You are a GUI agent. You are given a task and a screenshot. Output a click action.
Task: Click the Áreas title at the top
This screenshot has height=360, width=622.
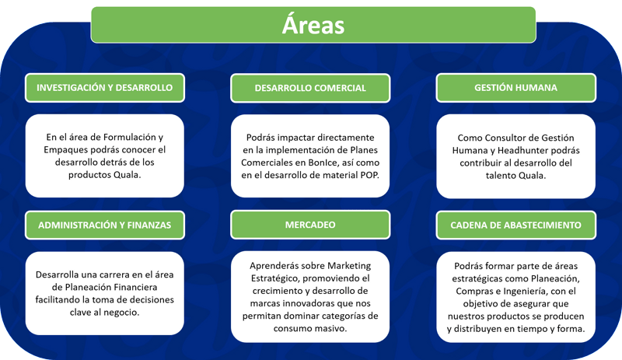(313, 25)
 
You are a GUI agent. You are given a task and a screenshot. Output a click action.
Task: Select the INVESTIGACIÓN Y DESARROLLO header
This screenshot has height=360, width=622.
(105, 88)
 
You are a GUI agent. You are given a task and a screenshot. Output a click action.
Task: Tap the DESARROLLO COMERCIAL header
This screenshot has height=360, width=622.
(310, 88)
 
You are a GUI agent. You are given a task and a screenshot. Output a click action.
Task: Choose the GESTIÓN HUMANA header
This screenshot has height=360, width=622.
(515, 88)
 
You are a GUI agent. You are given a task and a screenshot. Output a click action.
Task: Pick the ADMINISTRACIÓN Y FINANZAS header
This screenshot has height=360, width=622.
(105, 225)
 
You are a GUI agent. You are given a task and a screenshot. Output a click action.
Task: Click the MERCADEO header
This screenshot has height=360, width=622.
(310, 225)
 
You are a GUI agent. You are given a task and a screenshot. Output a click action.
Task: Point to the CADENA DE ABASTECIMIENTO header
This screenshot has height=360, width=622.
(515, 225)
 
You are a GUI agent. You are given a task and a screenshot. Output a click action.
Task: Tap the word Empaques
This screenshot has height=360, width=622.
(65, 150)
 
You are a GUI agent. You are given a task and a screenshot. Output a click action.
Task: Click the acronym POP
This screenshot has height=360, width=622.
(370, 175)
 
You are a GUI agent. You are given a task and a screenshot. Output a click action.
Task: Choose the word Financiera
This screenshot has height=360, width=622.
(135, 287)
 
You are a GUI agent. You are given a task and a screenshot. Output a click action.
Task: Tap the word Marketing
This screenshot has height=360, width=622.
(349, 266)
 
